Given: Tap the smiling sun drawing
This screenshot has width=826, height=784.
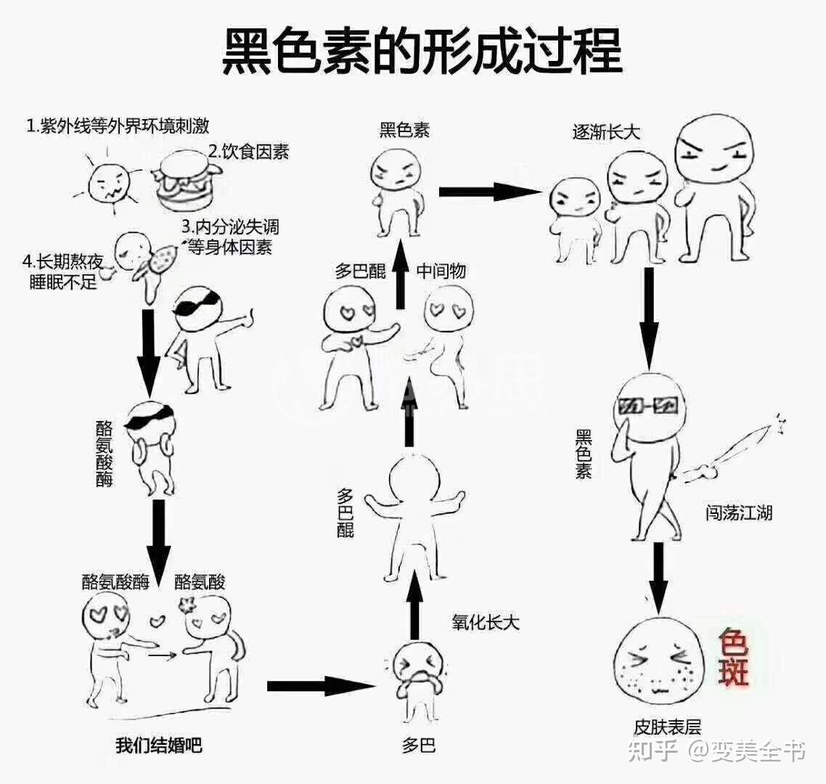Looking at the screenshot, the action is [x=109, y=183].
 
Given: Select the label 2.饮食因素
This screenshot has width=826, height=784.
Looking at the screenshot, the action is [x=248, y=152].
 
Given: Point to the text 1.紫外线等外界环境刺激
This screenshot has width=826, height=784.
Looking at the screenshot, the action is [x=118, y=126].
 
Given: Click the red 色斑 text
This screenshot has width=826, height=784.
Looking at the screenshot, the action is [x=733, y=656].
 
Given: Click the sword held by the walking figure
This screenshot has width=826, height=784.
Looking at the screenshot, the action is [x=733, y=451].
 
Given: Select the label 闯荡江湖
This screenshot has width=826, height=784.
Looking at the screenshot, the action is [x=738, y=513].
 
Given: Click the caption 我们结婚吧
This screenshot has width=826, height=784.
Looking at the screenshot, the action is [x=158, y=745].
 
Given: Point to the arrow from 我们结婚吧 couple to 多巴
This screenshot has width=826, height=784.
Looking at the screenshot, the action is [x=319, y=685].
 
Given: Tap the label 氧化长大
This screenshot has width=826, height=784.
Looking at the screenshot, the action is [x=486, y=622].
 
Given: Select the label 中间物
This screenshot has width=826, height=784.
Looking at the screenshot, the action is [x=441, y=271].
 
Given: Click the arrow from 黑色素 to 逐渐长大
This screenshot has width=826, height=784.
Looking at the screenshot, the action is [x=490, y=192].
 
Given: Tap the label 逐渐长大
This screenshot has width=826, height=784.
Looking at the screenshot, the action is [x=606, y=132].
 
